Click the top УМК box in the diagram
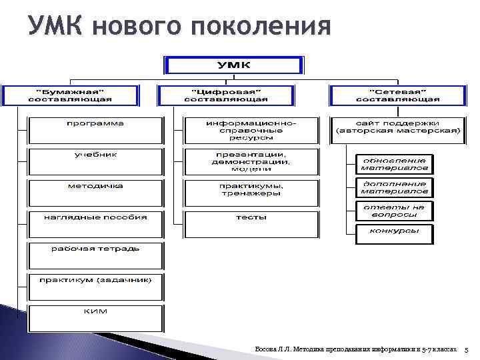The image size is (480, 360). (235, 65)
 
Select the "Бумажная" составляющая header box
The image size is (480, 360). (70, 95)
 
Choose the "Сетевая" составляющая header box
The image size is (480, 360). (398, 95)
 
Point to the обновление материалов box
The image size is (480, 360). (395, 164)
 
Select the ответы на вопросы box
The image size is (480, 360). (395, 211)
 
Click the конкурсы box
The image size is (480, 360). (395, 234)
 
